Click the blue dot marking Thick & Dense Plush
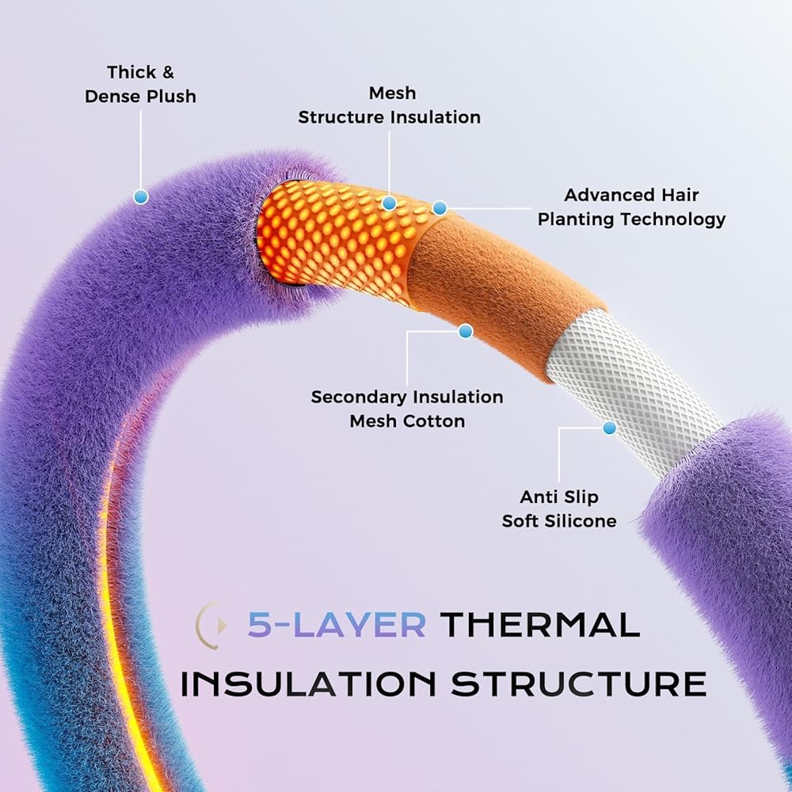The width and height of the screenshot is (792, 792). (x=141, y=196)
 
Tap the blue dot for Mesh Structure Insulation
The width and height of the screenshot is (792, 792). (x=389, y=203)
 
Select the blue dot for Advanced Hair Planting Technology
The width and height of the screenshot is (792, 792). (x=440, y=208)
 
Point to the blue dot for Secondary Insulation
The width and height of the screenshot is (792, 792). (x=465, y=331)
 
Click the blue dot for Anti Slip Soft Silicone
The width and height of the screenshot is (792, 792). (x=609, y=428)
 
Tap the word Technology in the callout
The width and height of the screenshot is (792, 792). (x=673, y=219)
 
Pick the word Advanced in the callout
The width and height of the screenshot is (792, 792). (x=597, y=195)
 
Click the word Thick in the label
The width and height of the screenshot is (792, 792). (x=125, y=72)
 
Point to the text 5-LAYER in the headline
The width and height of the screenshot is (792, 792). (x=337, y=625)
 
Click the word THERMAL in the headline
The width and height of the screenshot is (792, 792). (x=540, y=625)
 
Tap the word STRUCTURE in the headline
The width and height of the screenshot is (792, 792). (x=579, y=684)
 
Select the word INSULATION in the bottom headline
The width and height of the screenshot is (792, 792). (x=308, y=684)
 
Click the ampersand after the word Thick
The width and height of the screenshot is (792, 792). (x=167, y=72)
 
